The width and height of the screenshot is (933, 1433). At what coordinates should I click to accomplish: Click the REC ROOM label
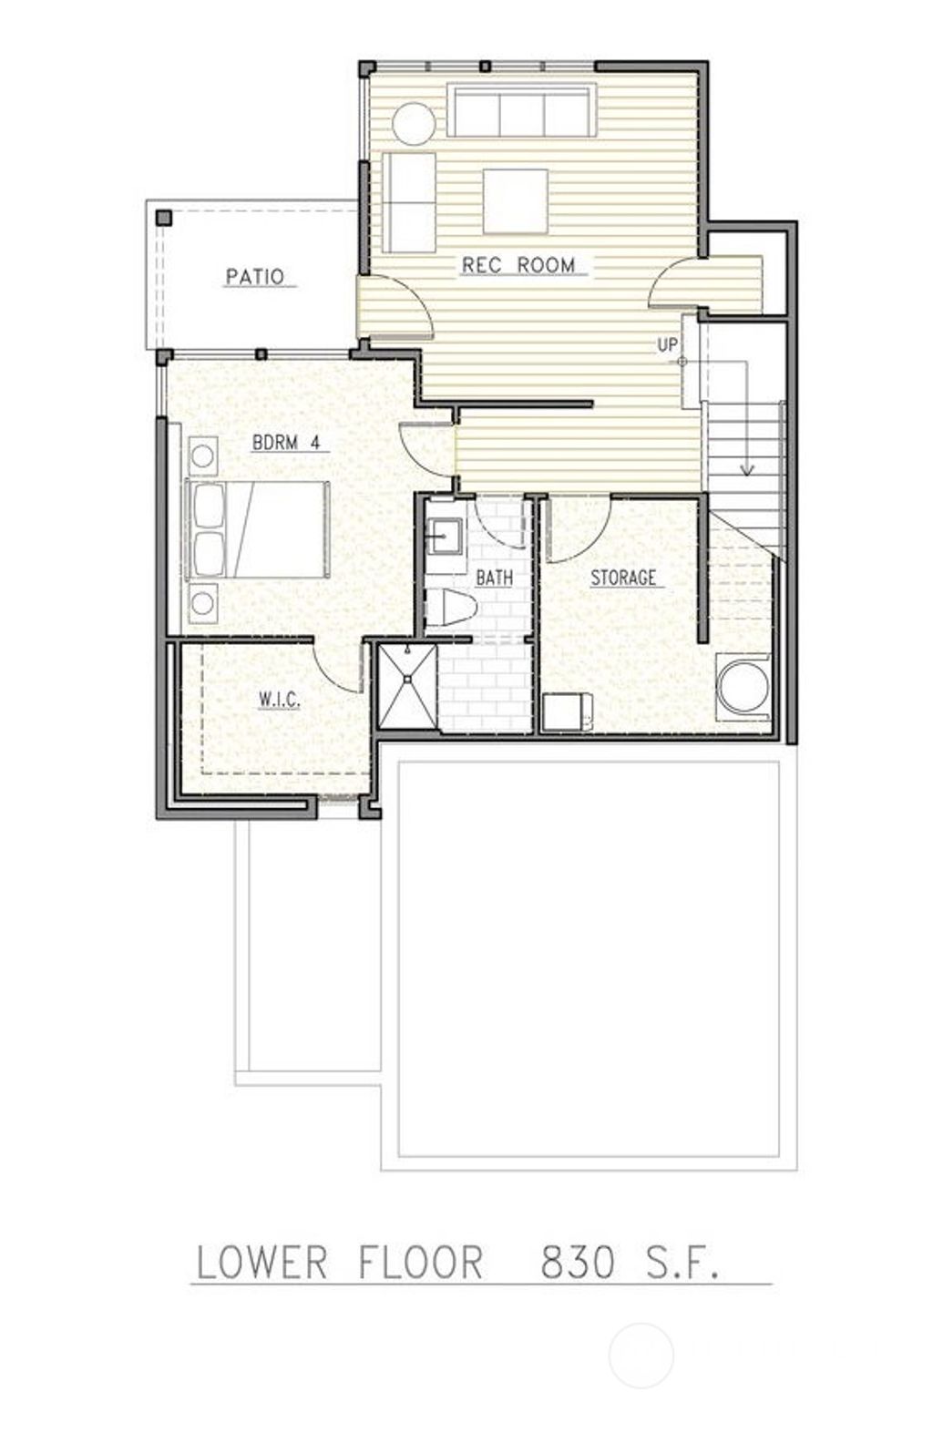click(518, 265)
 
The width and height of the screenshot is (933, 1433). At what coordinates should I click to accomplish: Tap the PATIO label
click(255, 276)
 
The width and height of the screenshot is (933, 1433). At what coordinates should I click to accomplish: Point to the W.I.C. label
click(279, 701)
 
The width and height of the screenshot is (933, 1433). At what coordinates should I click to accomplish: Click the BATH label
click(494, 577)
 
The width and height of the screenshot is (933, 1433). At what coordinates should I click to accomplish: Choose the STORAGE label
click(623, 578)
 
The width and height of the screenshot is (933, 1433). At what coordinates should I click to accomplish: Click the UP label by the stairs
click(668, 345)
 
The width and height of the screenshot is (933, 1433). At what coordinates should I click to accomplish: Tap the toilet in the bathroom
click(452, 609)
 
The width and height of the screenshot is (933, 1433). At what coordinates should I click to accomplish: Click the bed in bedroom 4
click(257, 529)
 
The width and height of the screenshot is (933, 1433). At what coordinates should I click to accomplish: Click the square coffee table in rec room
click(516, 200)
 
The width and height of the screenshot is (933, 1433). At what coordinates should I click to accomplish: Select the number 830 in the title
click(578, 1263)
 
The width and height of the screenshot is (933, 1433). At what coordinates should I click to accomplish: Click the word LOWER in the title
click(261, 1263)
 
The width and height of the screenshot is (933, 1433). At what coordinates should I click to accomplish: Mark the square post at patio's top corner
click(164, 217)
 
